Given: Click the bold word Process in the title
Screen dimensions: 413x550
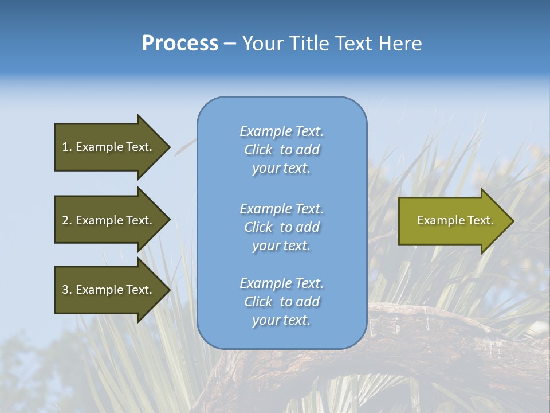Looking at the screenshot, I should (x=180, y=44).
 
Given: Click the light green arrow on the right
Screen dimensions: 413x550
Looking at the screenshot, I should (x=453, y=220).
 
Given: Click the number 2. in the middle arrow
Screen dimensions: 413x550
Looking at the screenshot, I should (x=66, y=220).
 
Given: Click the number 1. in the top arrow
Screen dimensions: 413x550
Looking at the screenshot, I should (x=66, y=147).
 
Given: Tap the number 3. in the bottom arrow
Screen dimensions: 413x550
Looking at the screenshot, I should (x=66, y=290).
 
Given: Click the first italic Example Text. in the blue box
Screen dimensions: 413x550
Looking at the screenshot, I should (x=281, y=131).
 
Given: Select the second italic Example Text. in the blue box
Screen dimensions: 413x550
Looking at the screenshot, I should (x=281, y=209).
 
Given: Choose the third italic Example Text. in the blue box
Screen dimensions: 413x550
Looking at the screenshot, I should (x=281, y=283).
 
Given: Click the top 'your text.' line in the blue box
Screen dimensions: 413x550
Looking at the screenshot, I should (x=281, y=169).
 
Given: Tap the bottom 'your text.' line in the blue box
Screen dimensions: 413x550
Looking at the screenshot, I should (x=281, y=321).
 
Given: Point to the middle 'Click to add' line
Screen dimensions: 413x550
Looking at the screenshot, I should (x=281, y=227).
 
